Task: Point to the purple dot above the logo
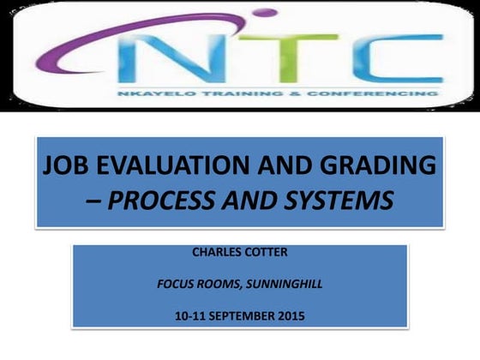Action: coord(267,12)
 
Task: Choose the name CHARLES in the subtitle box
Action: coord(216,252)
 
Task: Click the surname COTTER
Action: coord(268,252)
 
